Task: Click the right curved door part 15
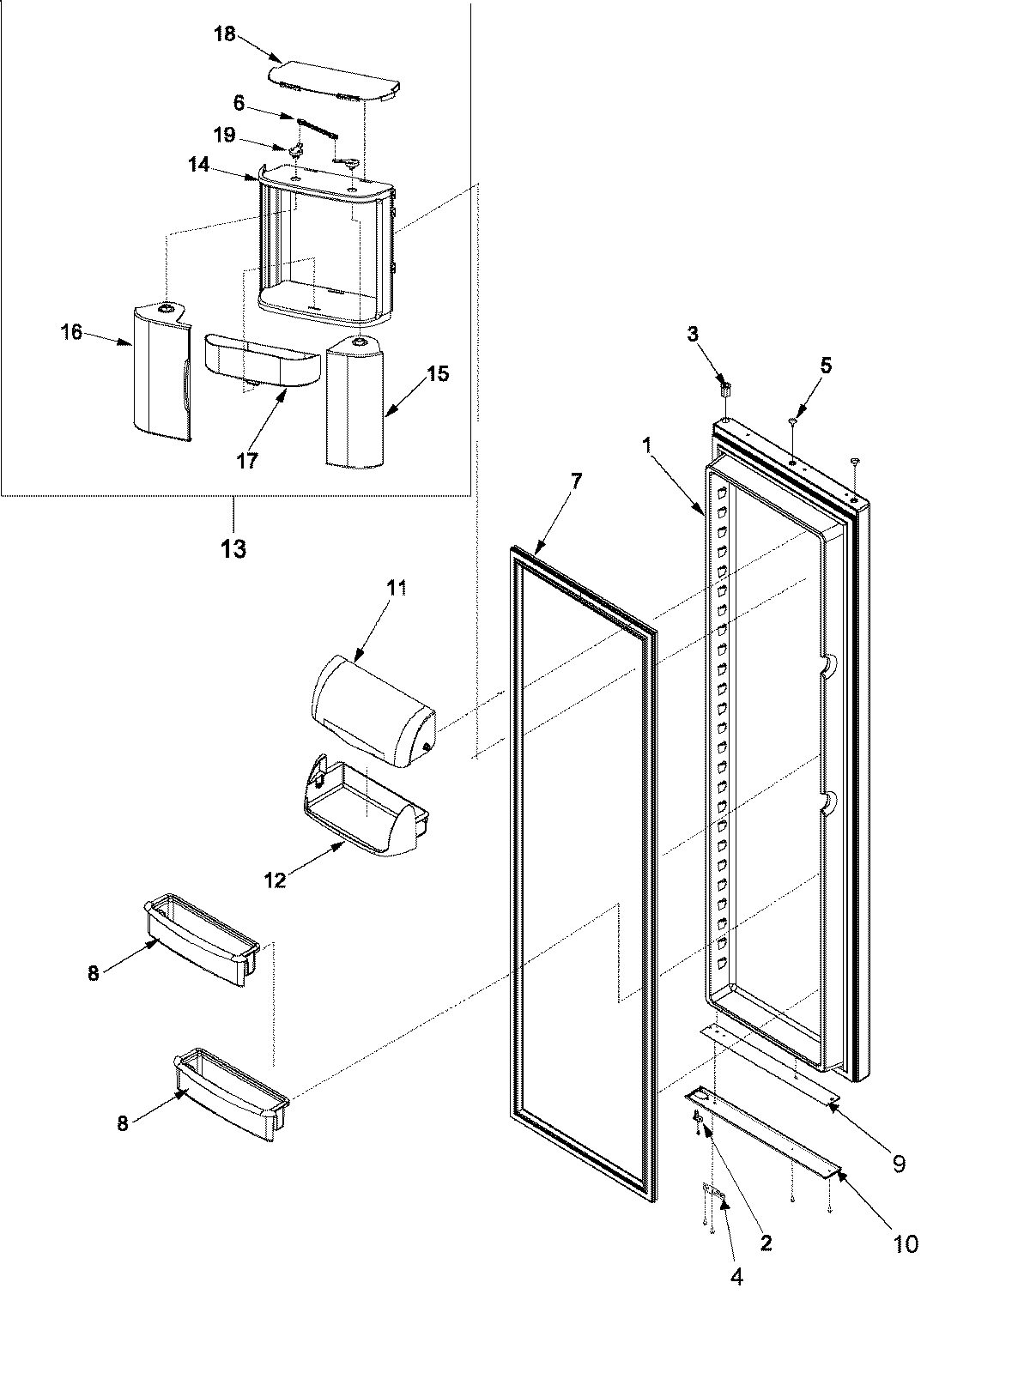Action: pyautogui.click(x=354, y=403)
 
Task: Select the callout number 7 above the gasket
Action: pyautogui.click(x=576, y=481)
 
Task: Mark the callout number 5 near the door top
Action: pyautogui.click(x=826, y=366)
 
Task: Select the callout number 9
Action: pyautogui.click(x=899, y=1164)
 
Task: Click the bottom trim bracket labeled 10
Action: pyautogui.click(x=764, y=1145)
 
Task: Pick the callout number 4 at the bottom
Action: pyautogui.click(x=736, y=1277)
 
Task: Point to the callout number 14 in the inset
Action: pyautogui.click(x=199, y=165)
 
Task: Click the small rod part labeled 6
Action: pyautogui.click(x=318, y=128)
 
